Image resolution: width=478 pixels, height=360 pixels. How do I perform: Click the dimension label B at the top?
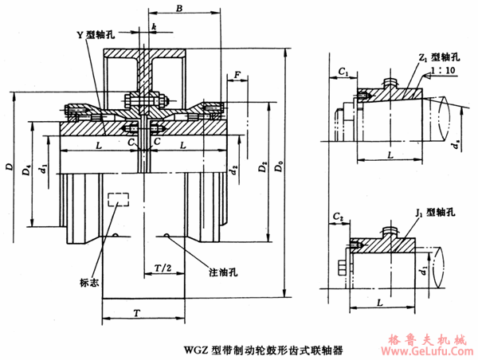pyautogui.click(x=180, y=9)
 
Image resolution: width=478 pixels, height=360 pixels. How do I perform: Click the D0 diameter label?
pyautogui.click(x=276, y=170)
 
